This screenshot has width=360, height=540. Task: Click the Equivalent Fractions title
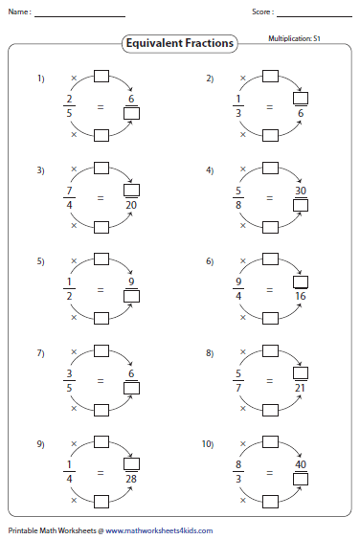pyautogui.click(x=180, y=43)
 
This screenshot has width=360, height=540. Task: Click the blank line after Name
pyautogui.click(x=79, y=16)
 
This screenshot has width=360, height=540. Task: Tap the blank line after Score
pyautogui.click(x=315, y=16)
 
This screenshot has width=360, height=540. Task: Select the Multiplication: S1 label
pyautogui.click(x=294, y=38)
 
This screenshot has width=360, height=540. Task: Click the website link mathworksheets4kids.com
pyautogui.click(x=159, y=530)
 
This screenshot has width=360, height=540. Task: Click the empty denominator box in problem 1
pyautogui.click(x=131, y=113)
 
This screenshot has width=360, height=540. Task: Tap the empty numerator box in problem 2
pyautogui.click(x=301, y=98)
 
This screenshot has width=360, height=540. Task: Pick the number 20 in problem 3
pyautogui.click(x=131, y=205)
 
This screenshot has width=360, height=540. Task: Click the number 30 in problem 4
pyautogui.click(x=301, y=191)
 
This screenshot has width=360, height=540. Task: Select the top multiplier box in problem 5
pyautogui.click(x=101, y=259)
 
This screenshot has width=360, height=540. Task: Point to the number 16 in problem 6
pyautogui.click(x=301, y=296)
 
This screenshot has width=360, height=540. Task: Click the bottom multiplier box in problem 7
pyautogui.click(x=101, y=410)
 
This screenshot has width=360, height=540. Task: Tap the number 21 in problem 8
pyautogui.click(x=300, y=388)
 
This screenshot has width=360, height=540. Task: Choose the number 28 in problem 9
pyautogui.click(x=131, y=479)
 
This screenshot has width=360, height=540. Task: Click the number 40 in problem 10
pyautogui.click(x=301, y=464)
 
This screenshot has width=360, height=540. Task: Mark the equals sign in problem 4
pyautogui.click(x=269, y=198)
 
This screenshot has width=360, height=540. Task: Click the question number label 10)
pyautogui.click(x=208, y=444)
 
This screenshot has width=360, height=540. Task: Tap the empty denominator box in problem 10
pyautogui.click(x=301, y=479)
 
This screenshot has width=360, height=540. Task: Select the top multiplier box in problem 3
pyautogui.click(x=101, y=169)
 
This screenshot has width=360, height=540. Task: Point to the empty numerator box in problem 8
pyautogui.click(x=301, y=372)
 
